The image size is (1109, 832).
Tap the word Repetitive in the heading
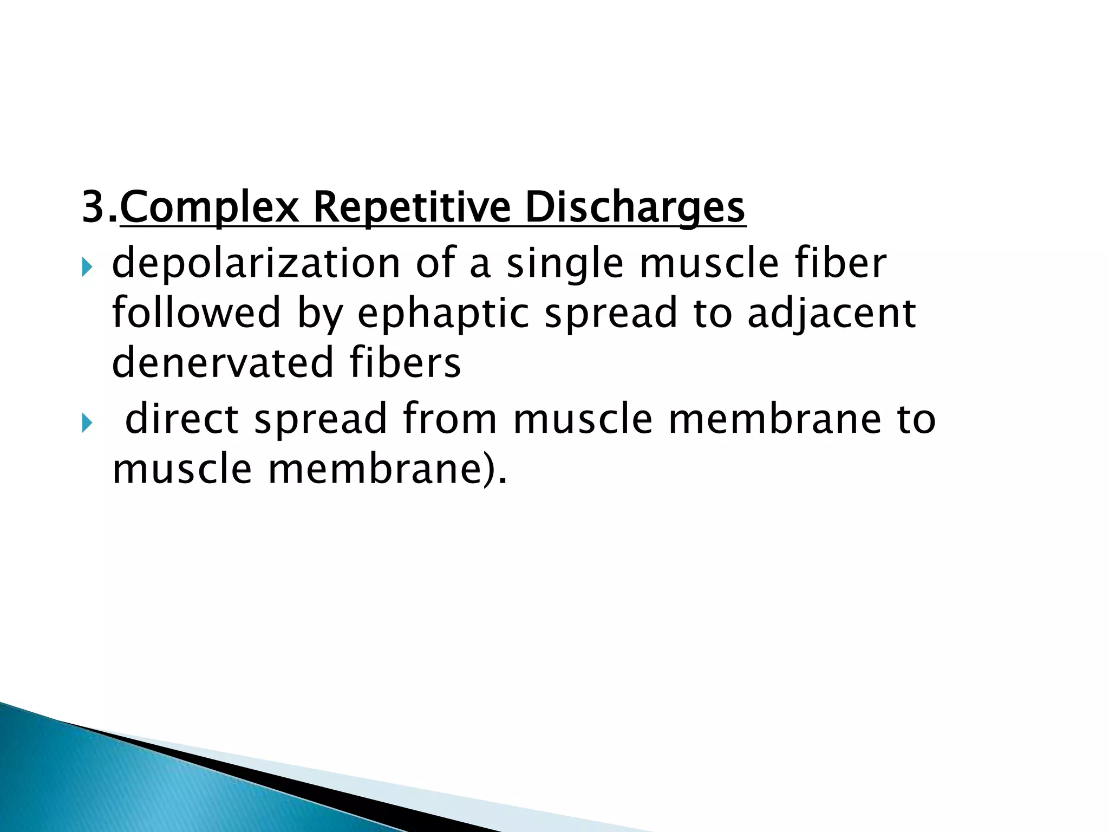[412, 207]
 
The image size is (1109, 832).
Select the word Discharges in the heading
[635, 207]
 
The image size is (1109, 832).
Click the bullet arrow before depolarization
[87, 266]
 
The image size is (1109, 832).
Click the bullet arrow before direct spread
[87, 422]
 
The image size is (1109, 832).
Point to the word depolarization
[256, 264]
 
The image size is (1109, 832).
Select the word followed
[197, 313]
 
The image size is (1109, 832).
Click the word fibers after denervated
[405, 362]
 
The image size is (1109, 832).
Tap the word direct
[182, 419]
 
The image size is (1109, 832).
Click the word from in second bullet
[449, 419]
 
